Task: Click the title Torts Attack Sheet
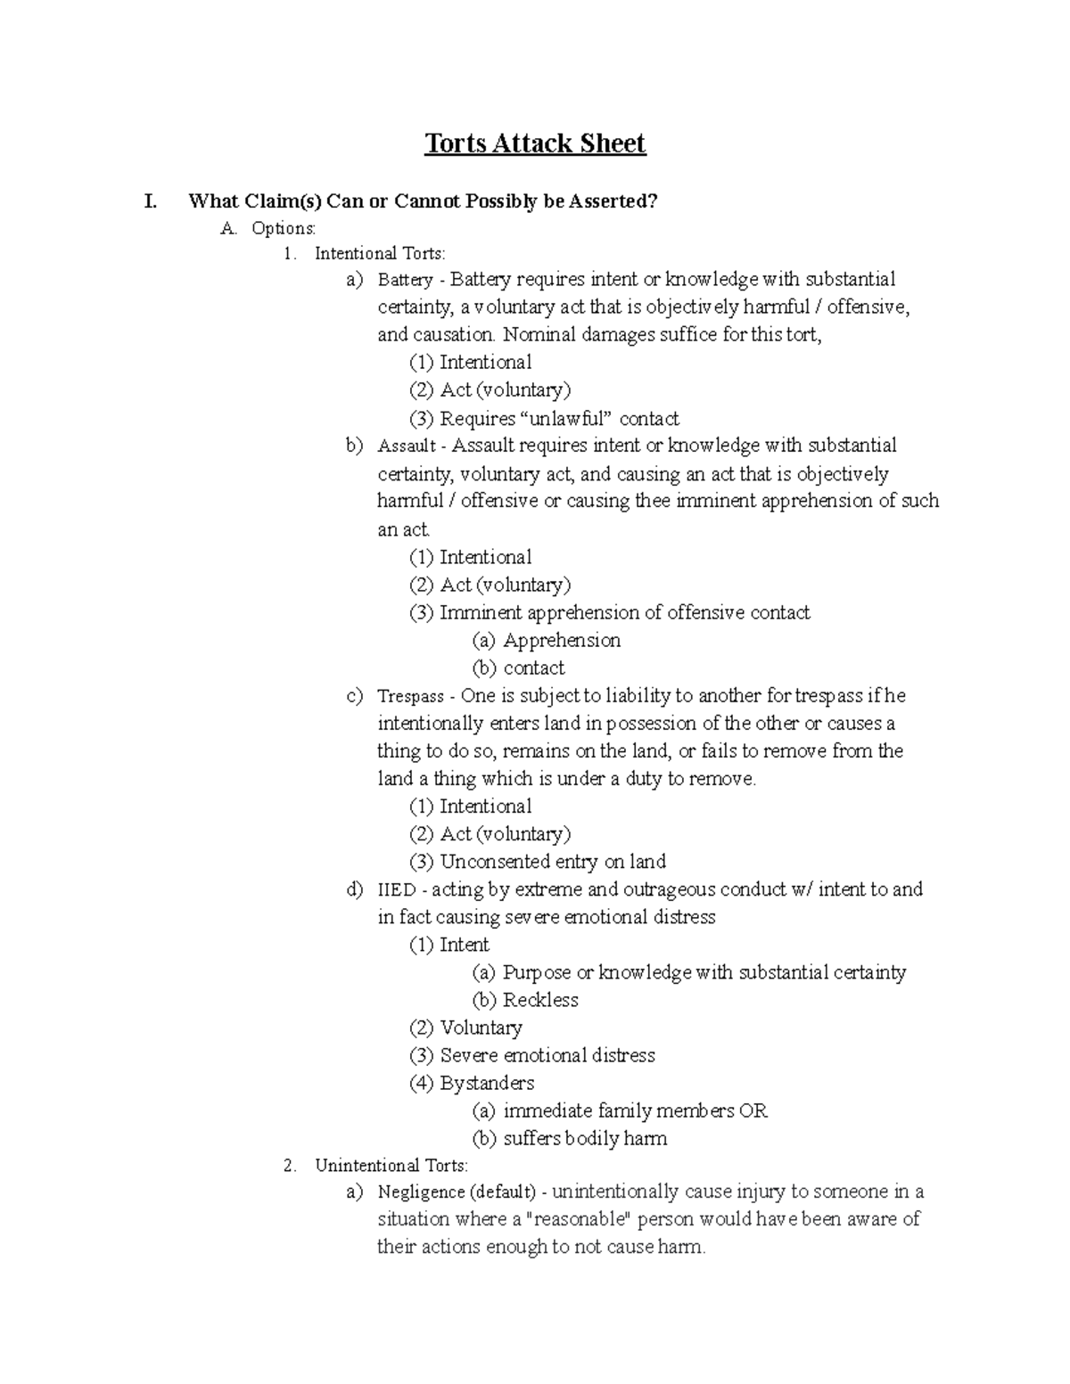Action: click(x=534, y=143)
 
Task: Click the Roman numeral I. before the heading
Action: click(x=151, y=201)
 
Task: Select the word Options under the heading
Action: click(x=283, y=228)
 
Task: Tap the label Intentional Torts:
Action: click(x=379, y=254)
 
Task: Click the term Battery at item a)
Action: click(x=405, y=281)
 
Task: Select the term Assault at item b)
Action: click(x=407, y=446)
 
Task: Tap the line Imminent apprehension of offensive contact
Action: click(x=624, y=613)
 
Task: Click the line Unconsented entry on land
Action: click(x=553, y=862)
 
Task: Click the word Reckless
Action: click(x=540, y=1000)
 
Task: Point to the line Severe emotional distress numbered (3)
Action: click(x=547, y=1056)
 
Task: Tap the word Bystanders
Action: click(x=487, y=1084)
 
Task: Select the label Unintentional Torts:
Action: click(x=391, y=1166)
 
